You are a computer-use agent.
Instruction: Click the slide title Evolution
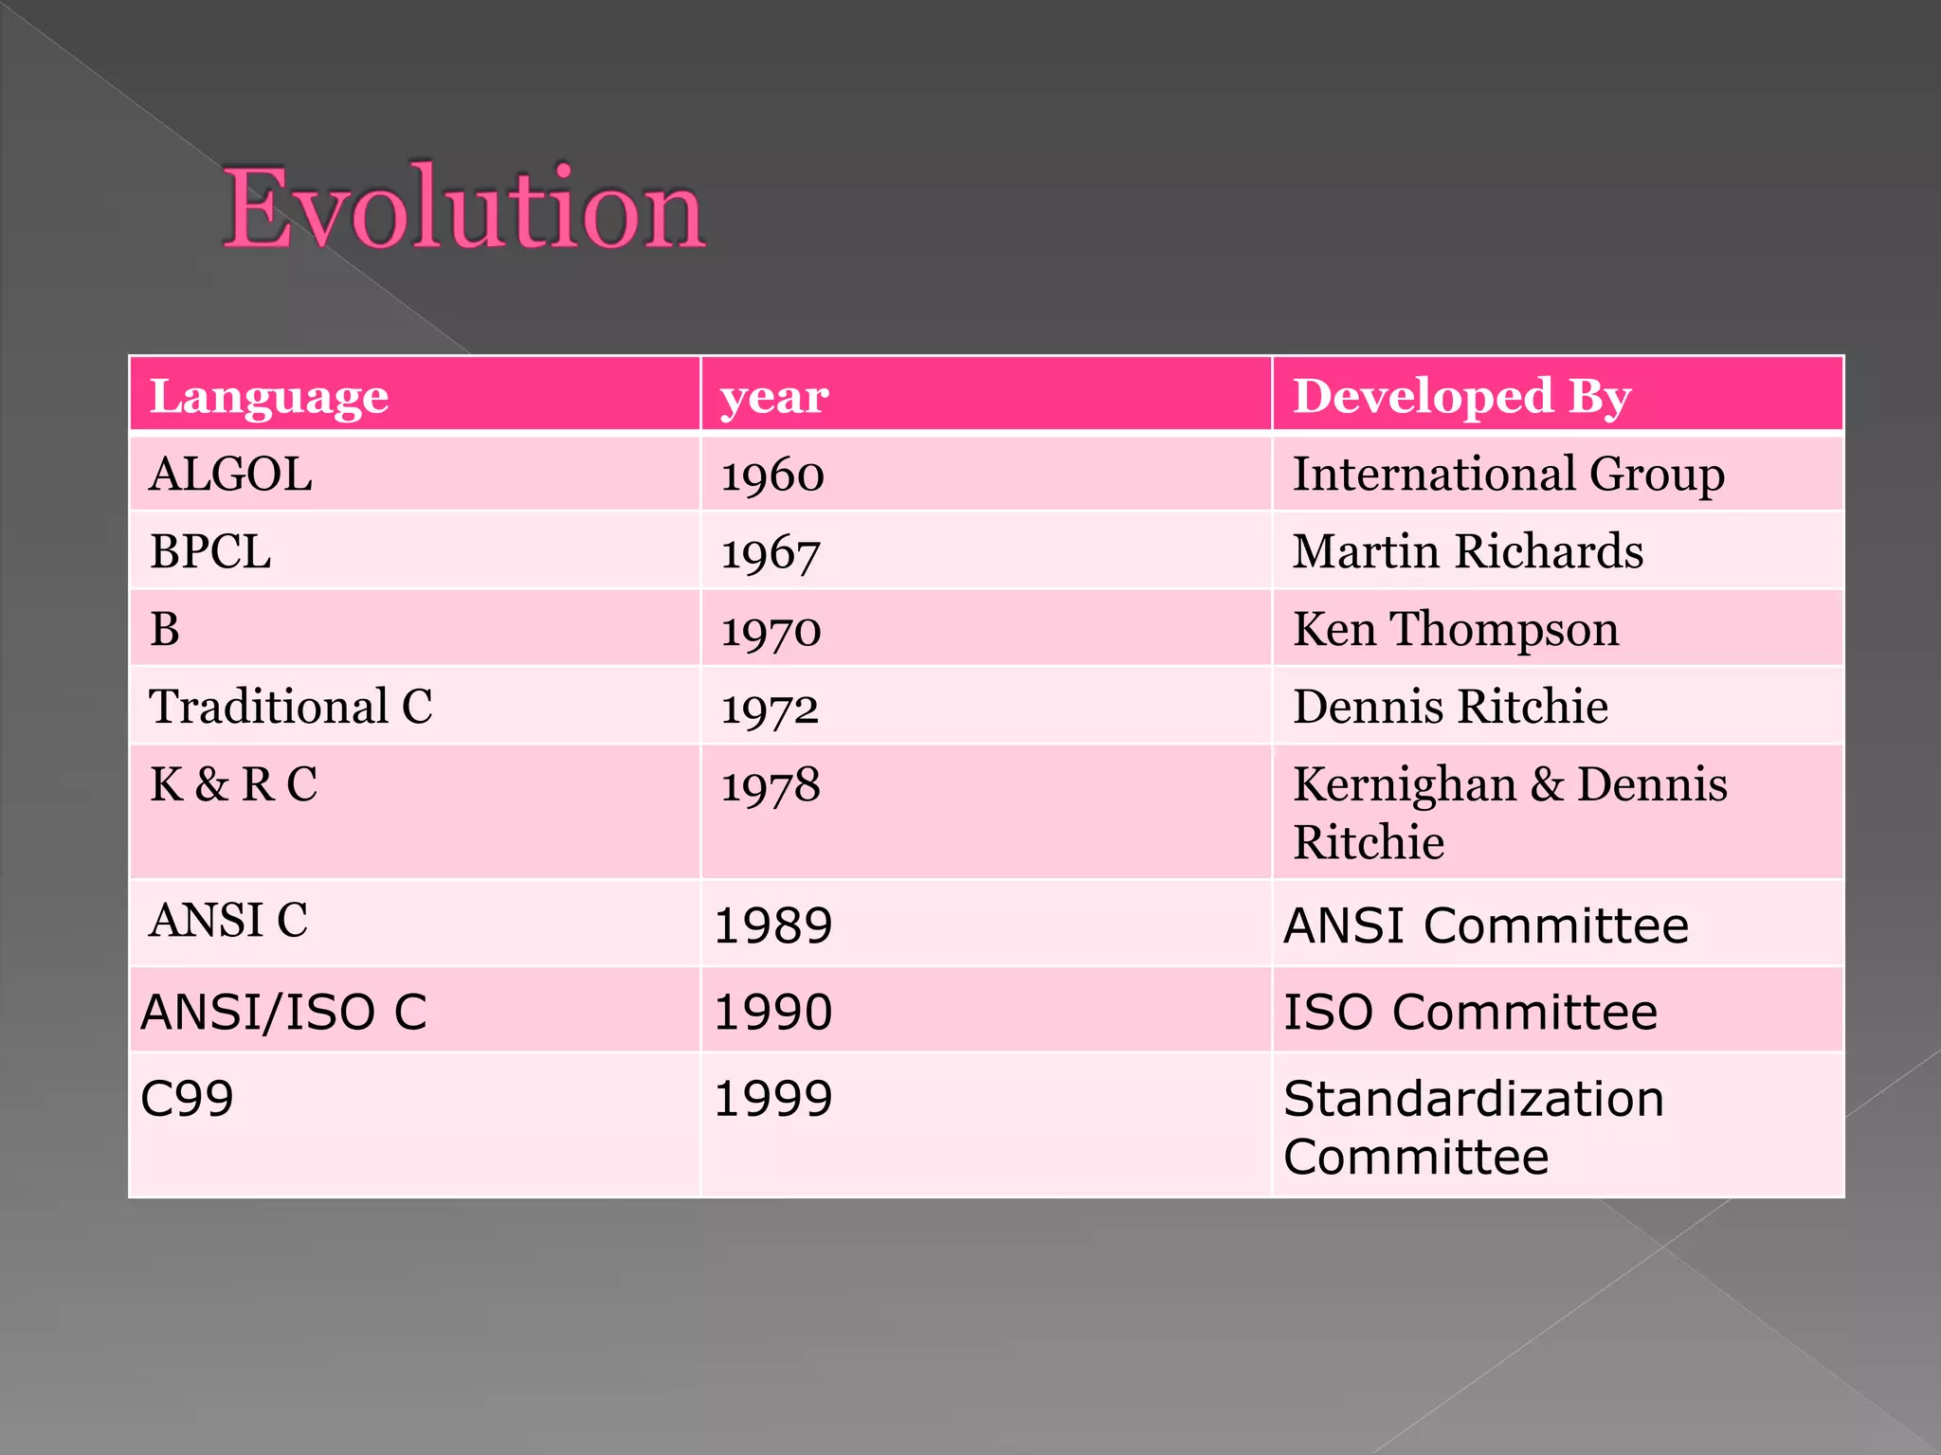pyautogui.click(x=463, y=208)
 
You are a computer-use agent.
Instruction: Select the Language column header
pyautogui.click(x=269, y=396)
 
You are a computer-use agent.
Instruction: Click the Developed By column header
pyautogui.click(x=1461, y=396)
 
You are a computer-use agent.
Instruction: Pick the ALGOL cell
pyautogui.click(x=230, y=474)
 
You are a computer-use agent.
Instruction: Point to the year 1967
pyautogui.click(x=771, y=553)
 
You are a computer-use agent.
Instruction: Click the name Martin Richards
pyautogui.click(x=1467, y=551)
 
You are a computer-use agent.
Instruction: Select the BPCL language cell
pyautogui.click(x=210, y=551)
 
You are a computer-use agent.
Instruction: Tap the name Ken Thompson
pyautogui.click(x=1456, y=629)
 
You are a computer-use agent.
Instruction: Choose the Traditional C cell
pyautogui.click(x=291, y=707)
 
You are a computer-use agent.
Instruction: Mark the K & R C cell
pyautogui.click(x=233, y=784)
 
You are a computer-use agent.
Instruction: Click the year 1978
pyautogui.click(x=771, y=786)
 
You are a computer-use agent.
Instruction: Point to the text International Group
pyautogui.click(x=1508, y=474)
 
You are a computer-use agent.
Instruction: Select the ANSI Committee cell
pyautogui.click(x=1485, y=925)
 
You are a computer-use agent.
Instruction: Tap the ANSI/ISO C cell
pyautogui.click(x=283, y=1012)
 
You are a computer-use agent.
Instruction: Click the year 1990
pyautogui.click(x=772, y=1012)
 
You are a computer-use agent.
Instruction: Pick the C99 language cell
pyautogui.click(x=187, y=1099)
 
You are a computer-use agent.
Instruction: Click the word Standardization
pyautogui.click(x=1473, y=1099)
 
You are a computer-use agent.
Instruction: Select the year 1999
pyautogui.click(x=772, y=1099)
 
